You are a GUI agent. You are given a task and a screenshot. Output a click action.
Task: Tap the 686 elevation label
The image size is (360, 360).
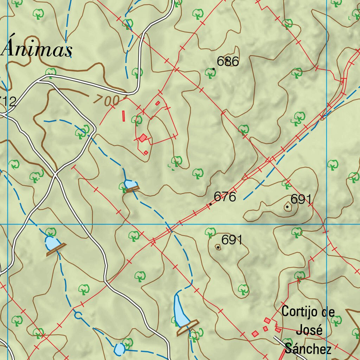pos(228,62)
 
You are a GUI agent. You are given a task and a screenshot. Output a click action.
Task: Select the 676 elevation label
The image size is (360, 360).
pos(225,197)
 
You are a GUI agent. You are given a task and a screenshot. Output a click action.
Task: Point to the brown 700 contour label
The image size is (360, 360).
pos(107,100)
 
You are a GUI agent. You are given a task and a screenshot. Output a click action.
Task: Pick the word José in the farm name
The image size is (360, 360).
pos(309,330)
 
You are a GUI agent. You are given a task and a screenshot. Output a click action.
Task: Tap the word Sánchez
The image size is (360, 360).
pos(308,349)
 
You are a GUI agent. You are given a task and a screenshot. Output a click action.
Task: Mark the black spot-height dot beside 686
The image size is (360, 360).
pos(213,69)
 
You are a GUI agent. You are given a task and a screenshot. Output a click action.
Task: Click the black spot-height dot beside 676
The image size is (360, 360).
pos(210,204)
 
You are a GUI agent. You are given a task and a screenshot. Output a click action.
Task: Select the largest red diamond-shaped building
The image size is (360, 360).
pos(142,138)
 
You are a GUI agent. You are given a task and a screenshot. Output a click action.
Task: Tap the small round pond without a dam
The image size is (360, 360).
pos(119,349)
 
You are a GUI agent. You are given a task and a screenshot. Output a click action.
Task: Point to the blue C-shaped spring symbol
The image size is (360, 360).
pos(78,315)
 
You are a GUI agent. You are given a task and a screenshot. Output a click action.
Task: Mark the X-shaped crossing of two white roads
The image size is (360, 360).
pos(56,174)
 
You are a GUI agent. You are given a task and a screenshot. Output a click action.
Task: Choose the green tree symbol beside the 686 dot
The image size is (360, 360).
pos(210,73)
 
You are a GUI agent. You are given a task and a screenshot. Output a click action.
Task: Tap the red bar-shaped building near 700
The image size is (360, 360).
pos(123,116)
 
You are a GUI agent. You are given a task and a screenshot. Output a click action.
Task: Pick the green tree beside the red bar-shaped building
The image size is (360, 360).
pos(137,120)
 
